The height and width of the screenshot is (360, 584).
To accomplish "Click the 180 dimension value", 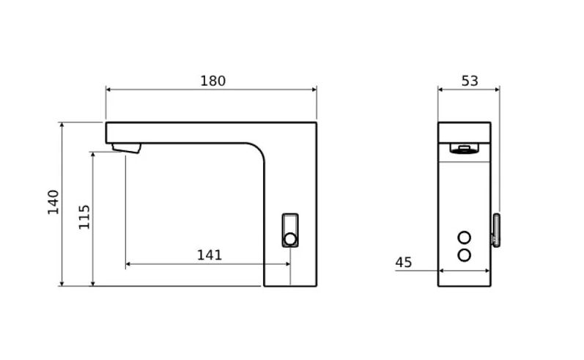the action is tap(213, 81).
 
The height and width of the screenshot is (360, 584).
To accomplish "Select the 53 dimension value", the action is tap(470, 81).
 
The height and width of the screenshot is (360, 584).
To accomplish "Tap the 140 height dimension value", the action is tap(53, 202).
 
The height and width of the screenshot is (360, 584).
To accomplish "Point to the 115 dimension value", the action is tap(84, 217).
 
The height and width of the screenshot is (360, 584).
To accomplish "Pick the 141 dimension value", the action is tap(210, 255).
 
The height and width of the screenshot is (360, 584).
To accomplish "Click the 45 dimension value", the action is tap(404, 262).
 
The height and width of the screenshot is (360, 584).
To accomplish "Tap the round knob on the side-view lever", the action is tap(289, 239).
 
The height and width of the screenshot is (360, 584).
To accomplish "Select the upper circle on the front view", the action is tap(464, 238).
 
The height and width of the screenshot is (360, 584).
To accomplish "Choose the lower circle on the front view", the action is tap(464, 255).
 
